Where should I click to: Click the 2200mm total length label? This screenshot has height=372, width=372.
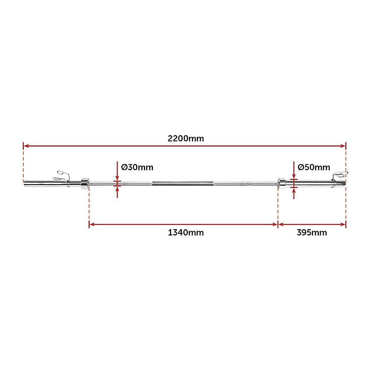[x=186, y=138]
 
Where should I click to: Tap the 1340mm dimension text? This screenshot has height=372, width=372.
[x=186, y=233]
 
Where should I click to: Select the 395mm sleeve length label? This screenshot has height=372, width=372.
[x=312, y=233]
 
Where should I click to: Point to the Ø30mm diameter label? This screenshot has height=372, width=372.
[x=137, y=167]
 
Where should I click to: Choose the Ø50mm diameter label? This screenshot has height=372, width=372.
[x=314, y=167]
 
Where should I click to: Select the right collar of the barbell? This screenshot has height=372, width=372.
[x=282, y=183]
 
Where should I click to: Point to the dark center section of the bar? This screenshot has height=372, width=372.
[x=182, y=183]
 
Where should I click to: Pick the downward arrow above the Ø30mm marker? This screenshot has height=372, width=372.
[x=118, y=177]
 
